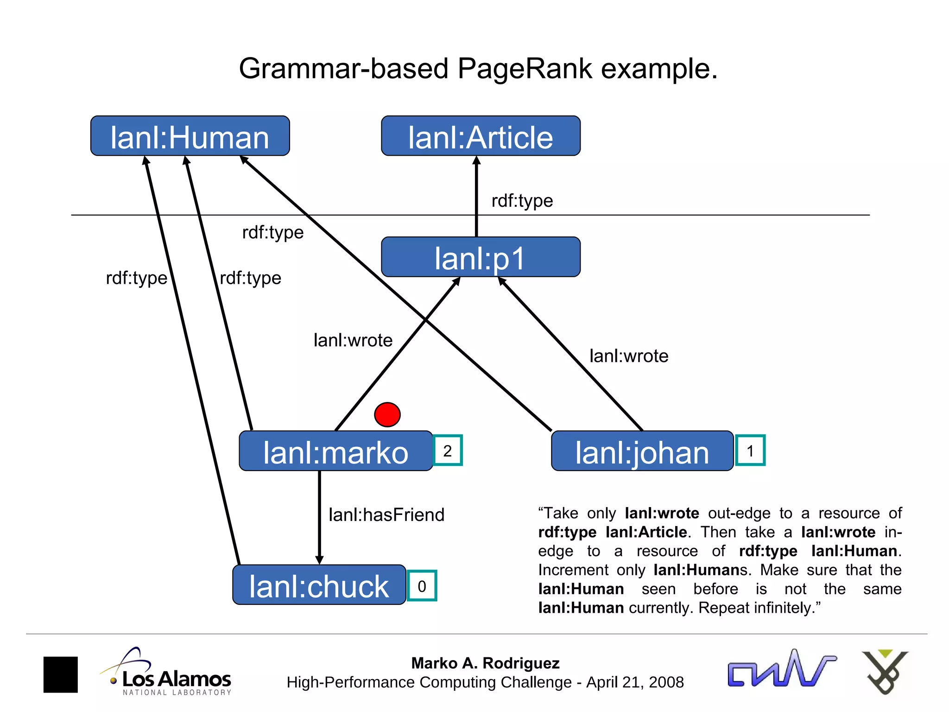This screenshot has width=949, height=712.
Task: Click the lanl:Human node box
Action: [190, 136]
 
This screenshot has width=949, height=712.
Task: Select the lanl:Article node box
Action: [481, 136]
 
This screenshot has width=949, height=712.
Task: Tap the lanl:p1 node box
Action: [481, 257]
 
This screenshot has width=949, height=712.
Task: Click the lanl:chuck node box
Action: [319, 585]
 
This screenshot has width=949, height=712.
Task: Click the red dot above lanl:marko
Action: [387, 414]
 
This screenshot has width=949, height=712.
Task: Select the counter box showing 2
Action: [448, 451]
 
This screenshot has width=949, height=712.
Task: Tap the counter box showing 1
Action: [750, 451]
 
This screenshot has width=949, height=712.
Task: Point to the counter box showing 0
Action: [422, 586]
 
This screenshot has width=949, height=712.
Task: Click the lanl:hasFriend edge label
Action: [386, 515]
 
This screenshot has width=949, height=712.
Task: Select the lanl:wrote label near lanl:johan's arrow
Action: [629, 356]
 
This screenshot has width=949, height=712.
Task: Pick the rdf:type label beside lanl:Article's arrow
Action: [522, 201]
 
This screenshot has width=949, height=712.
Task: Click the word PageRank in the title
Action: [525, 69]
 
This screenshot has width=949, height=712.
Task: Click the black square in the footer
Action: [61, 674]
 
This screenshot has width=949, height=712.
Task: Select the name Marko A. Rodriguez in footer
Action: [485, 663]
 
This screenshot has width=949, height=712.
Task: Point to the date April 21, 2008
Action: [635, 682]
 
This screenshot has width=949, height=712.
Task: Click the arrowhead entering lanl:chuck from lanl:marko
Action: [319, 559]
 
